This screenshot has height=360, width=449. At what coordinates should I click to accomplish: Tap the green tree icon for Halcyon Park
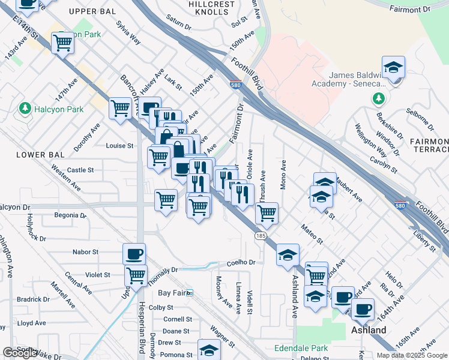click(25, 109)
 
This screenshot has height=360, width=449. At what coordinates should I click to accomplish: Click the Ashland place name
click(369, 331)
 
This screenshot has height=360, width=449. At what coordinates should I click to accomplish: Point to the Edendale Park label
click(301, 347)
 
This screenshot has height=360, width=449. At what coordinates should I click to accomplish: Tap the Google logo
click(20, 353)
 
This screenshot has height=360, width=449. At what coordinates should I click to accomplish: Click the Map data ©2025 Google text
click(412, 355)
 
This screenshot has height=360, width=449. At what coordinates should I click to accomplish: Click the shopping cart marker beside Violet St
click(136, 275)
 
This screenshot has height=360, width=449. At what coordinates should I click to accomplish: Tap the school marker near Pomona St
click(209, 349)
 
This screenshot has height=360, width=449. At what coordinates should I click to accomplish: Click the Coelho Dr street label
click(241, 263)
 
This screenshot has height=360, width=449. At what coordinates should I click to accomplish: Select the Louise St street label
click(119, 146)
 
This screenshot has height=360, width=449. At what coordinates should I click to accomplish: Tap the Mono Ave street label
click(283, 173)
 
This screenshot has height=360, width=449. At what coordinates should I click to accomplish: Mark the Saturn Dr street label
click(178, 26)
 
